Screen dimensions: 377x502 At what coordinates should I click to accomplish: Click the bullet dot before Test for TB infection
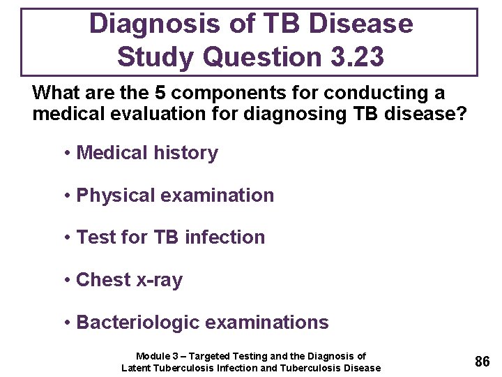click(x=67, y=238)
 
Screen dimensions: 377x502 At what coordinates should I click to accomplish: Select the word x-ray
click(x=160, y=280)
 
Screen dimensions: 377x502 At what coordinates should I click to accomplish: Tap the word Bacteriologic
click(x=138, y=323)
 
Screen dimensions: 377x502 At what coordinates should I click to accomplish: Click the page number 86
click(x=482, y=361)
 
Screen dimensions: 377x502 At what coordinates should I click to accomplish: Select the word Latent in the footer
click(x=136, y=368)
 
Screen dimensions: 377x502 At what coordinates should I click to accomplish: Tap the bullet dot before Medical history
click(x=67, y=154)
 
